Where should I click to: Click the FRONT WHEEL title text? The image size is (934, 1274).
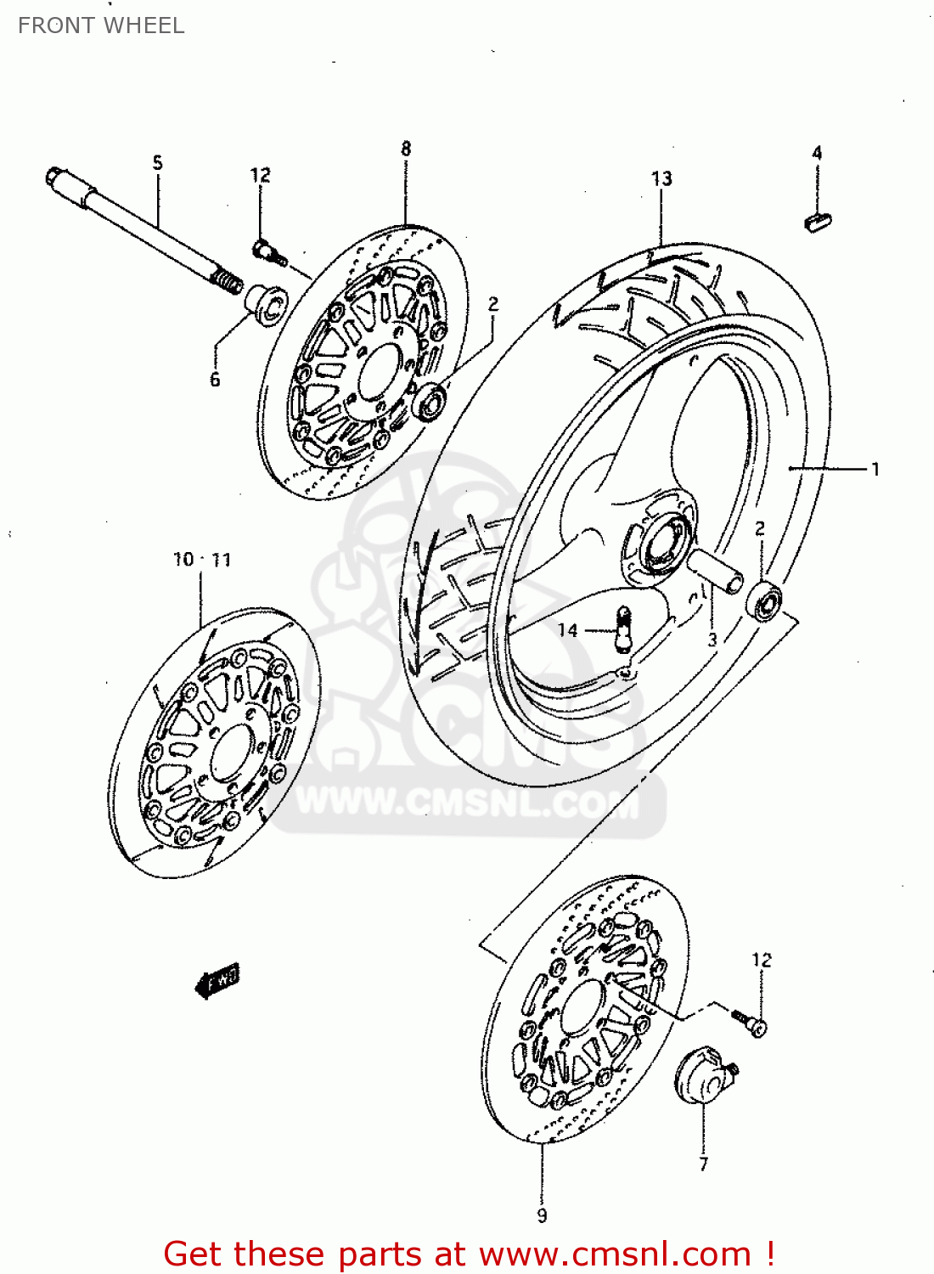click(x=101, y=25)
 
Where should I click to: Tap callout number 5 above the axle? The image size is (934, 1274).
click(x=157, y=162)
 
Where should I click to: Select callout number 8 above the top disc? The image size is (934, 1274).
click(x=406, y=149)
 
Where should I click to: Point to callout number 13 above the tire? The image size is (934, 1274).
click(x=661, y=178)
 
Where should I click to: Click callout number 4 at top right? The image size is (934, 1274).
click(x=817, y=153)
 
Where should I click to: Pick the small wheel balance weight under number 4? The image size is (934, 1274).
click(x=817, y=222)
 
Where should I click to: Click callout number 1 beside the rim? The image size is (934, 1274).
click(x=875, y=469)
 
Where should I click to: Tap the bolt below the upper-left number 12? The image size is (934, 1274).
click(x=267, y=251)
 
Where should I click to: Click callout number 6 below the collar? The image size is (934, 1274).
click(x=215, y=380)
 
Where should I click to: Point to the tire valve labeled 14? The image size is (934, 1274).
click(x=623, y=628)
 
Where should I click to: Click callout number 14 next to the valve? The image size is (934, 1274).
click(x=567, y=629)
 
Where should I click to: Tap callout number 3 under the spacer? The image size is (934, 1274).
click(x=712, y=640)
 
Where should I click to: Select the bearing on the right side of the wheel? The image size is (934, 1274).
click(x=766, y=600)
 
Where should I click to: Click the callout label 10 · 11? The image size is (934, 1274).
click(x=201, y=560)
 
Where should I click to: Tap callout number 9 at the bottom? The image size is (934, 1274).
click(x=542, y=1215)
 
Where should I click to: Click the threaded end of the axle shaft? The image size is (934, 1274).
click(x=226, y=279)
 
